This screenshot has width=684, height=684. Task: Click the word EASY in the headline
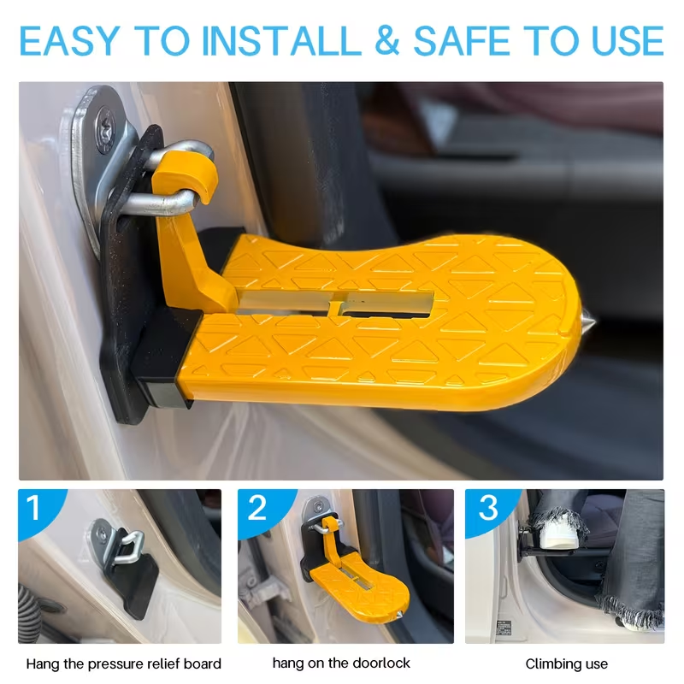coord(70,41)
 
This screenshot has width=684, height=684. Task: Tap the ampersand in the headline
coord(386,41)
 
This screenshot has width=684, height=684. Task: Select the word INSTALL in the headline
coord(281,41)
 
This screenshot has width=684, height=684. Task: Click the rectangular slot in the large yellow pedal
coord(335,303)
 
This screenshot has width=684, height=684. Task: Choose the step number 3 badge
coord(488,507)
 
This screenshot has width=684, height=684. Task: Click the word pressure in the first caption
coord(113,664)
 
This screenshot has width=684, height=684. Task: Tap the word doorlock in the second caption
coord(381,663)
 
